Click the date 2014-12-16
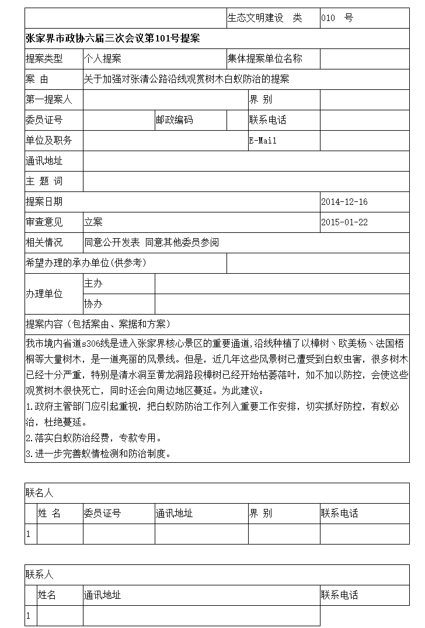pyautogui.click(x=344, y=202)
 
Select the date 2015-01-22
pyautogui.click(x=344, y=222)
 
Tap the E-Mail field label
pyautogui.click(x=263, y=141)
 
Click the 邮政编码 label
pyautogui.click(x=174, y=120)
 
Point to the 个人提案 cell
pyautogui.click(x=103, y=59)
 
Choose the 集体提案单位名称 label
pyautogui.click(x=265, y=59)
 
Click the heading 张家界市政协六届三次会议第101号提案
pyautogui.click(x=113, y=39)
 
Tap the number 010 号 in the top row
pyautogui.click(x=337, y=18)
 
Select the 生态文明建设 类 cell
pyautogui.click(x=265, y=18)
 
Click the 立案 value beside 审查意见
pyautogui.click(x=93, y=222)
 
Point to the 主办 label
pyautogui.click(x=93, y=284)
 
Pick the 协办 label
pyautogui.click(x=93, y=304)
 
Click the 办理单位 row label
pyautogui.click(x=44, y=294)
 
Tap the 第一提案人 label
pyautogui.click(x=49, y=100)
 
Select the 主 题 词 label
pyautogui.click(x=44, y=182)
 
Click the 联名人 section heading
pyautogui.click(x=40, y=493)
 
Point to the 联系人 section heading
pyautogui.click(x=40, y=575)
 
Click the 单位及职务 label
pyautogui.click(x=49, y=141)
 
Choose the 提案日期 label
pyautogui.click(x=44, y=202)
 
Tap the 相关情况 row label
pyautogui.click(x=44, y=243)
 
